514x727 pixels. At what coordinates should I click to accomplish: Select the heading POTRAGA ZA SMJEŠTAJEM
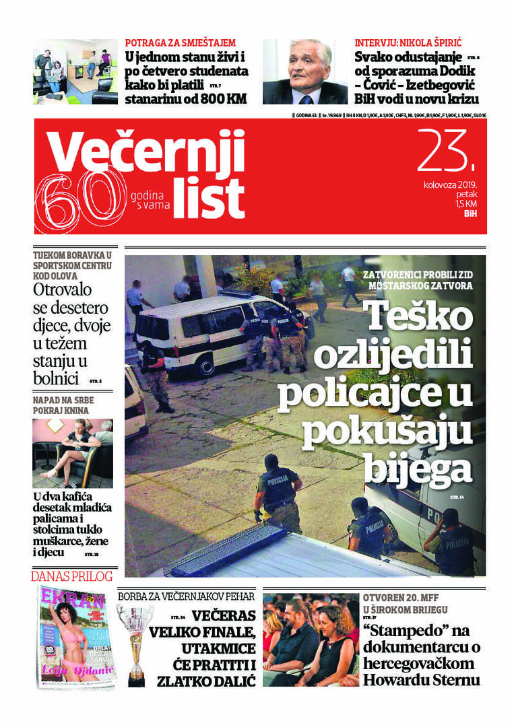pyautogui.click(x=181, y=42)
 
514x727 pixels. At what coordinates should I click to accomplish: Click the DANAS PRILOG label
pyautogui.click(x=72, y=576)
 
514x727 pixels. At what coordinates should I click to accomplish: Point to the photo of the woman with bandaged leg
pyautogui.click(x=73, y=453)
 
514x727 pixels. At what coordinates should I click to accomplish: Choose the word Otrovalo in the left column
pyautogui.click(x=70, y=291)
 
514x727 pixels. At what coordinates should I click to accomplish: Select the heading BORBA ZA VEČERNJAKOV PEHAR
pyautogui.click(x=187, y=596)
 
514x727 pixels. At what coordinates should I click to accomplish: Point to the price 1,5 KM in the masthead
pyautogui.click(x=466, y=204)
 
